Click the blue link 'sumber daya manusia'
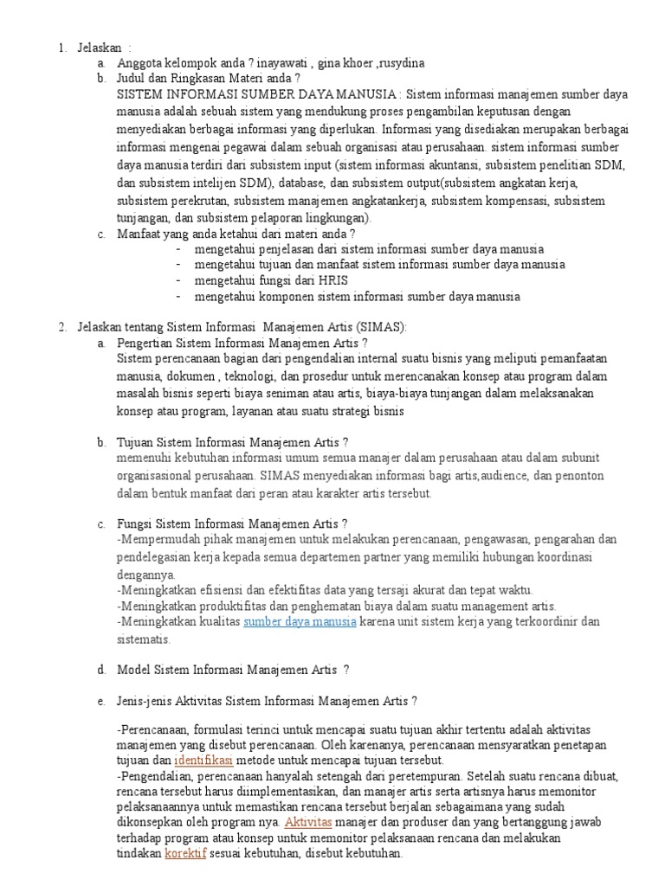[x=300, y=621]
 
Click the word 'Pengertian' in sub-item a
[x=145, y=343]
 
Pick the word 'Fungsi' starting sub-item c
[x=134, y=523]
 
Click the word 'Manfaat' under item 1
[x=139, y=234]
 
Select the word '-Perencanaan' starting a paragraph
[x=152, y=729]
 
